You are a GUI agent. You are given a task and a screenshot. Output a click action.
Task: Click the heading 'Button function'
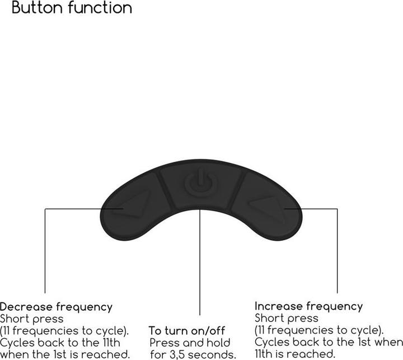(72, 8)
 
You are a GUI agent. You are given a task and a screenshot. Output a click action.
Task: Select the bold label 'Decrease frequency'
(56, 307)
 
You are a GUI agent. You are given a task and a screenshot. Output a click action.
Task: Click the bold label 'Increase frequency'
(308, 306)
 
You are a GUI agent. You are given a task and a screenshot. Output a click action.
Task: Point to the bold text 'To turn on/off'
(187, 331)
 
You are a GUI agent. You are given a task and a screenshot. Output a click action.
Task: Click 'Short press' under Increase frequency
(286, 318)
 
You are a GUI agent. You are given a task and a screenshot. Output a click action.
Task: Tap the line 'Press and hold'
(190, 343)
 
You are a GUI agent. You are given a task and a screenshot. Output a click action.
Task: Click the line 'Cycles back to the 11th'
(60, 342)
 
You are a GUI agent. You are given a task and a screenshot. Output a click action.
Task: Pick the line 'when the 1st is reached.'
(65, 354)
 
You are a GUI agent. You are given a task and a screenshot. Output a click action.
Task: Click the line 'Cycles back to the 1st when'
(328, 342)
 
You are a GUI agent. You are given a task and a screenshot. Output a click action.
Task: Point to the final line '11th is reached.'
(295, 354)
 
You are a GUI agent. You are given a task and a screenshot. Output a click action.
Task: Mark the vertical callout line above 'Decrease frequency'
(45, 252)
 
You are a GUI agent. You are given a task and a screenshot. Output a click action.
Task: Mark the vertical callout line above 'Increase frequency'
(338, 252)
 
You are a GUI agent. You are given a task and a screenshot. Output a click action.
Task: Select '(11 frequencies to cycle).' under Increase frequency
(319, 330)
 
